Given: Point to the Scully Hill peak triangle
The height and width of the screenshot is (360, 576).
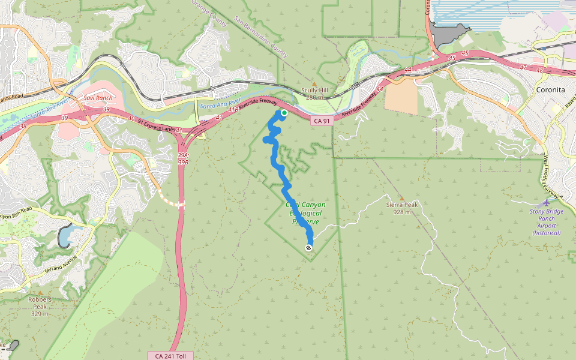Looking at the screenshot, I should point(313,84).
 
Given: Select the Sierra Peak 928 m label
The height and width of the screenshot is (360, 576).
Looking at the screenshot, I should point(401,208).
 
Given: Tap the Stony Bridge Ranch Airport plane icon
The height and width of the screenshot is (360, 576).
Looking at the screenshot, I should point(547,203).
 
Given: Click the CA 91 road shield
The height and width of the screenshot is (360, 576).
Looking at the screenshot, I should point(322,121).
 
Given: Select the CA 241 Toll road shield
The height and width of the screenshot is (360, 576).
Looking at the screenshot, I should point(170,356).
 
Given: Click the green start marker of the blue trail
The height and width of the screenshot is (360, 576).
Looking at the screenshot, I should point(284,112).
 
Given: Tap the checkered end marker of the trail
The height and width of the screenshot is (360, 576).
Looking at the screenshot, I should point(308,247).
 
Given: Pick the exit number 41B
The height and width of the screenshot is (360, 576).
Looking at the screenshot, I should point(232,110).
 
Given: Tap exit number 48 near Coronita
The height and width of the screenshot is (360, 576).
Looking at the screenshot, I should point(539,71).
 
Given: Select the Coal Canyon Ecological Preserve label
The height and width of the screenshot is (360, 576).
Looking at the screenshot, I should point(305,213).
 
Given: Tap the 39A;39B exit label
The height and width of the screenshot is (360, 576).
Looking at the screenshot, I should point(183,158).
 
